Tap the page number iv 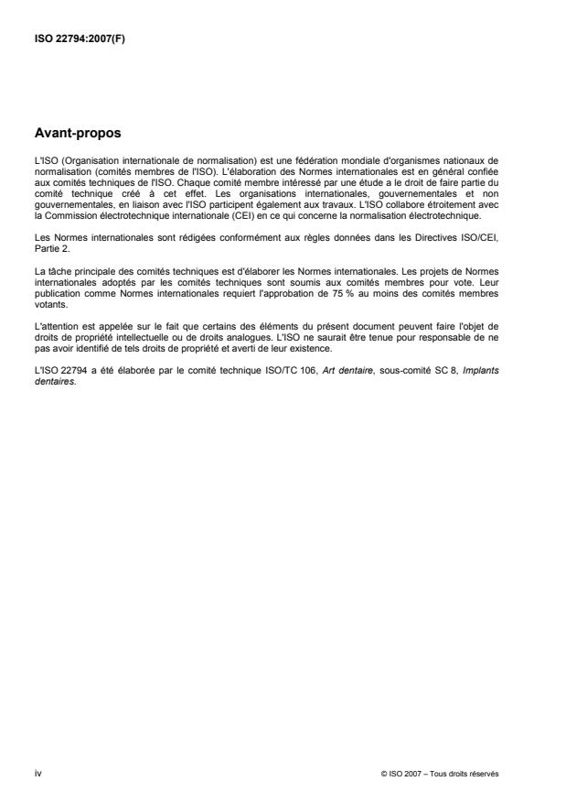37,773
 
